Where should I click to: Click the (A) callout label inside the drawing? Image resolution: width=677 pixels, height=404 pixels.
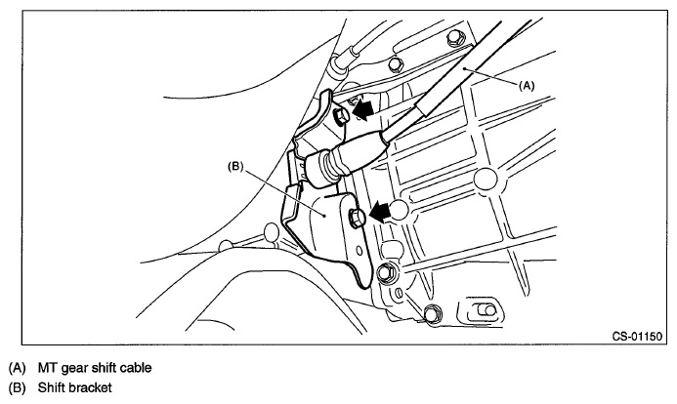[526, 85]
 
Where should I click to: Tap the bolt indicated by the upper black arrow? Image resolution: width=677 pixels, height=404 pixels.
[339, 116]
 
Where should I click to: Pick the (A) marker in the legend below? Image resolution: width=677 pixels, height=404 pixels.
[17, 368]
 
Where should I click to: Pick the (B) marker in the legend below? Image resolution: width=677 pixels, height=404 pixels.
[17, 387]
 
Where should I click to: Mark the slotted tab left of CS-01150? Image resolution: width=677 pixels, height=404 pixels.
[482, 311]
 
